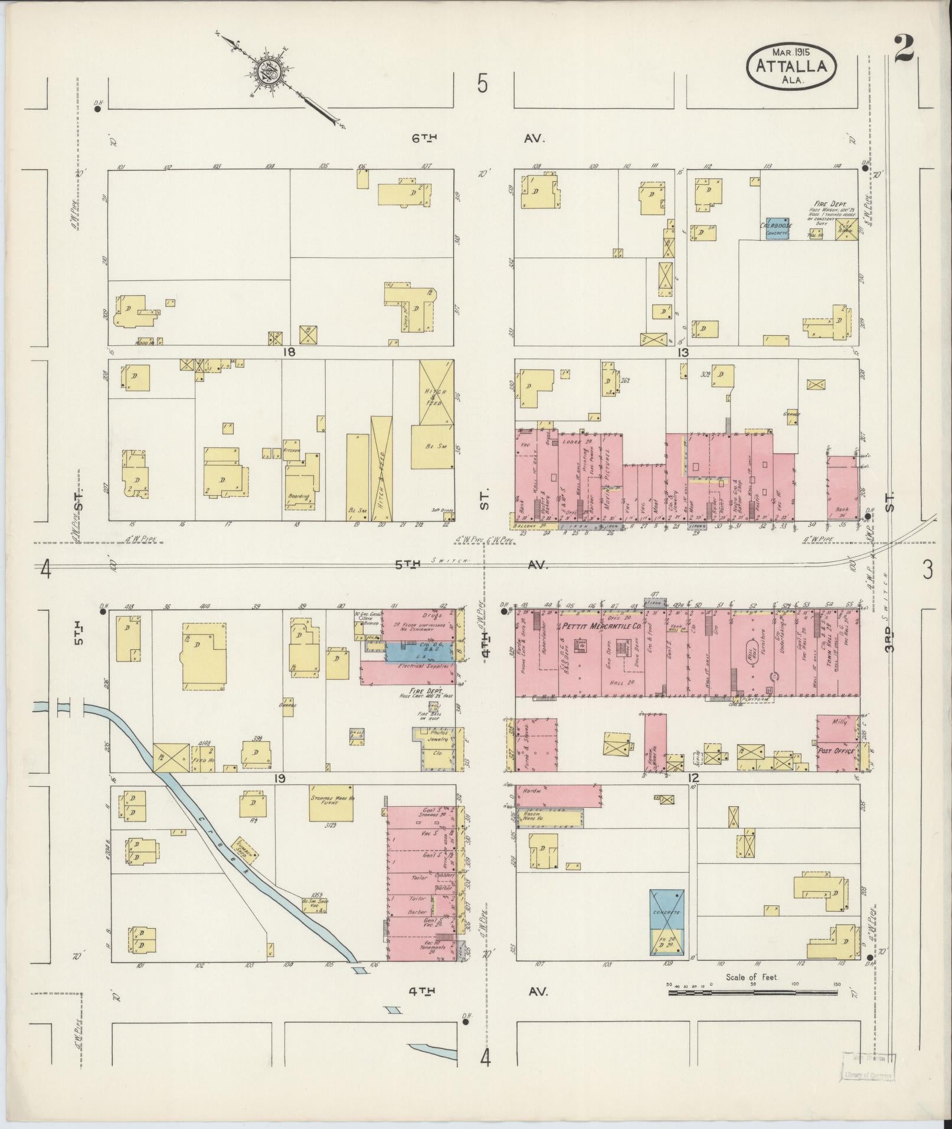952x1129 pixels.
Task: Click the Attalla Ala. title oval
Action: point(791,67)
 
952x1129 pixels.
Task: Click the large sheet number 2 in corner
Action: point(904,50)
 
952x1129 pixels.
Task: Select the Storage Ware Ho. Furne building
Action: point(332,803)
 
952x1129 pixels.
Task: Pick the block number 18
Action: point(289,352)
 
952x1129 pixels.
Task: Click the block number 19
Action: point(279,778)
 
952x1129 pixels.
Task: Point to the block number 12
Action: point(693,778)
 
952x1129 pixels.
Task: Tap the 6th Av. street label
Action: point(425,138)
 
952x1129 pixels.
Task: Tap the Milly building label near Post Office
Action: point(839,722)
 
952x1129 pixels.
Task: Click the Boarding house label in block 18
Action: point(299,496)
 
